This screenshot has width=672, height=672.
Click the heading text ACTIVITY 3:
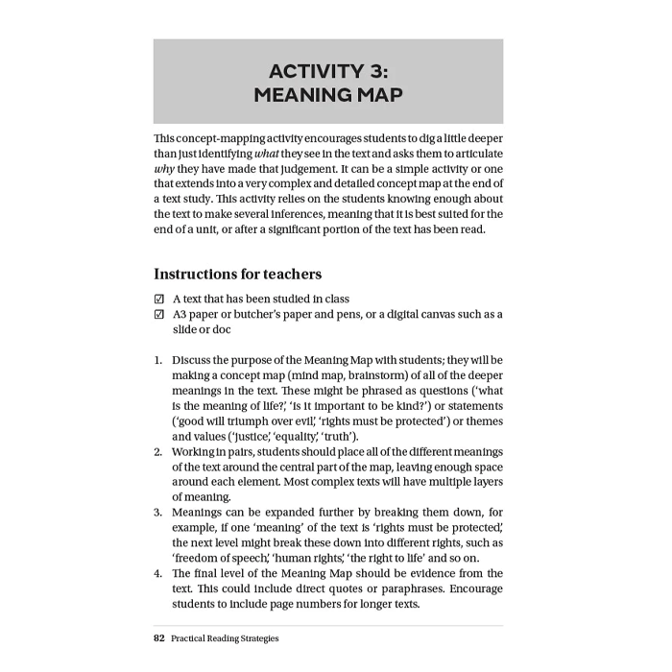[x=328, y=71]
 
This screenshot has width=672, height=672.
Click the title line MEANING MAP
[x=328, y=95]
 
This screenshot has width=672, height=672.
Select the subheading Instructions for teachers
[x=237, y=275]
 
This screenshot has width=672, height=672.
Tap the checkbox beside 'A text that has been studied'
[x=159, y=300]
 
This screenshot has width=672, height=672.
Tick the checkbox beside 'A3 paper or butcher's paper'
[x=159, y=315]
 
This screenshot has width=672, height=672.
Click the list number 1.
[x=158, y=361]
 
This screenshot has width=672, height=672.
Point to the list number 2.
[x=158, y=451]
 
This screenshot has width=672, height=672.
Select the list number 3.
[x=158, y=513]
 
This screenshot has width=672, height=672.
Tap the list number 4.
[x=158, y=574]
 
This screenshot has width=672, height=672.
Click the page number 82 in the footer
[x=159, y=638]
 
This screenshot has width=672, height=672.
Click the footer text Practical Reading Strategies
[x=225, y=638]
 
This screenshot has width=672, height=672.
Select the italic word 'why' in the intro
[x=163, y=169]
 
